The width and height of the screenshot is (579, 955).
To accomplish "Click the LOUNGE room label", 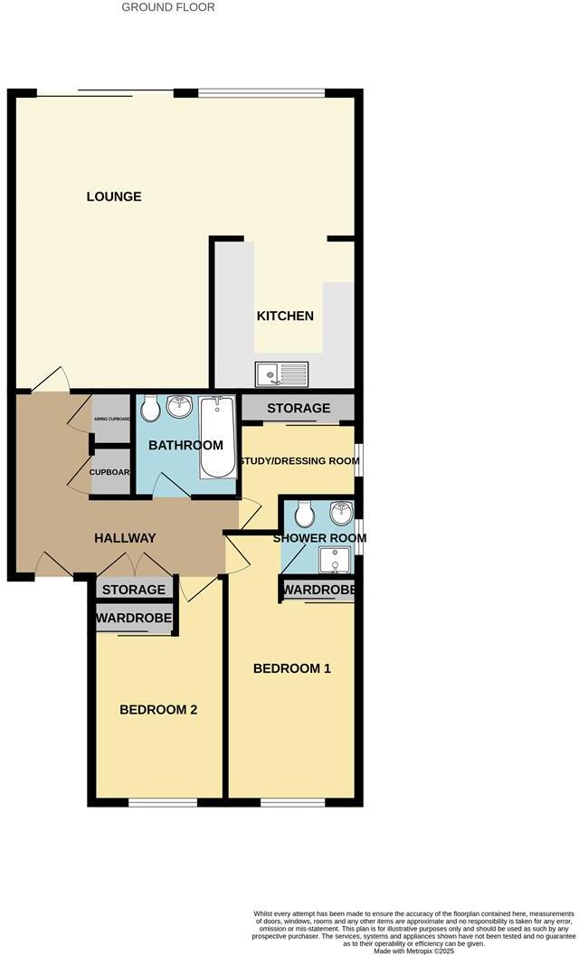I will point(114,196).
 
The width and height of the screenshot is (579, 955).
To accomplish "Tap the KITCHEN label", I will point(286,316).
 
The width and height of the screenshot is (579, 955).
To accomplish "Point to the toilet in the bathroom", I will point(150,408).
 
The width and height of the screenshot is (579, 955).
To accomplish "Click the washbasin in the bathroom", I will point(179,406).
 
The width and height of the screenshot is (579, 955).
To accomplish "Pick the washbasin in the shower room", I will point(341,514).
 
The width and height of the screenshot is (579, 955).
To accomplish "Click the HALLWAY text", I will point(125,538).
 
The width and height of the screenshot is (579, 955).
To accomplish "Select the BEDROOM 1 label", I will point(291,669).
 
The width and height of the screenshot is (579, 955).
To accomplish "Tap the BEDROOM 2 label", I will point(158,710).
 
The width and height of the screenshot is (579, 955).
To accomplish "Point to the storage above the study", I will point(299,409).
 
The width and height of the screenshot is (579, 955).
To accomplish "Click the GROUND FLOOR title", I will point(168,7).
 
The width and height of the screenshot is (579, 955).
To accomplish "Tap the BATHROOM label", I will point(185,445).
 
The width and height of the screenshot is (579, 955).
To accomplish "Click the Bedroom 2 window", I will point(163,802).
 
